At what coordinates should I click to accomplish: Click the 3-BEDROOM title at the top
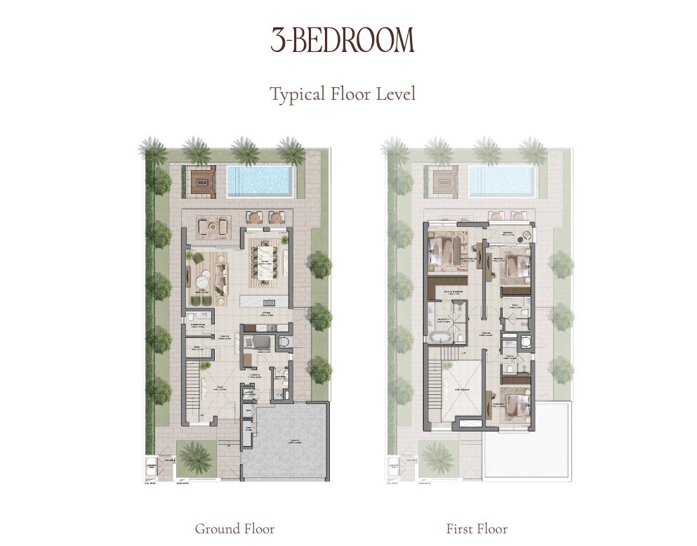[x=343, y=41]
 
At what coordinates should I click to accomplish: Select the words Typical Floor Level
[x=343, y=93]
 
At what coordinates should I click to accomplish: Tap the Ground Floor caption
[x=234, y=528]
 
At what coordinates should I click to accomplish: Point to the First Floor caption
[x=477, y=528]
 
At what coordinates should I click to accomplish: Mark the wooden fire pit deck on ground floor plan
[x=204, y=181]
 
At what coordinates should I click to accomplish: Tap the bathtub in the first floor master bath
[x=441, y=337]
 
